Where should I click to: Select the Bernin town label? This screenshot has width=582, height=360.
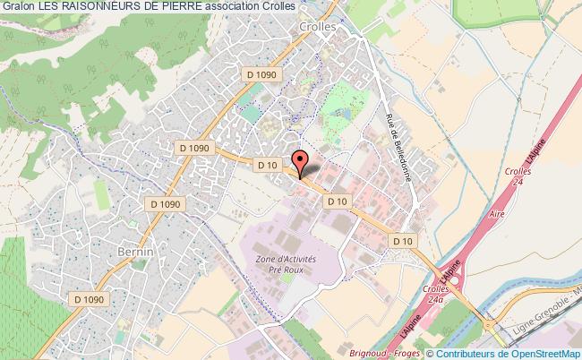[136, 253]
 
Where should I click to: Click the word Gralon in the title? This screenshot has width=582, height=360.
[17, 7]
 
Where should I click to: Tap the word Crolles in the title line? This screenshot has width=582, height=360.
[291, 7]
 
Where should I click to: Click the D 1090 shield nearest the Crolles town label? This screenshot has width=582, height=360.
[266, 76]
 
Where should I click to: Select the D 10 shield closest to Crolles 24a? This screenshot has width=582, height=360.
[403, 240]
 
